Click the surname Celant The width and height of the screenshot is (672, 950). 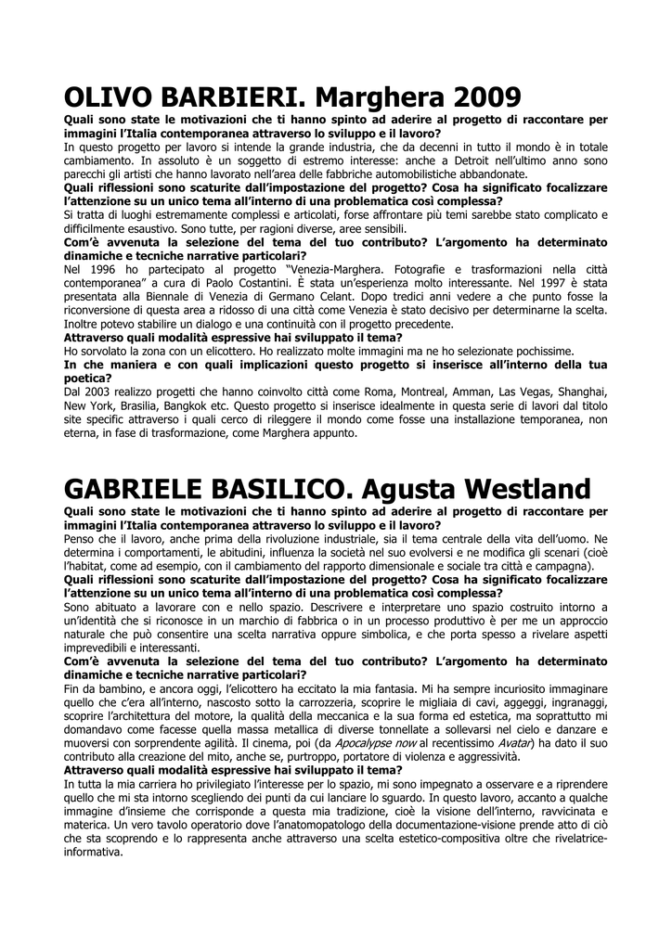(352, 297)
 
